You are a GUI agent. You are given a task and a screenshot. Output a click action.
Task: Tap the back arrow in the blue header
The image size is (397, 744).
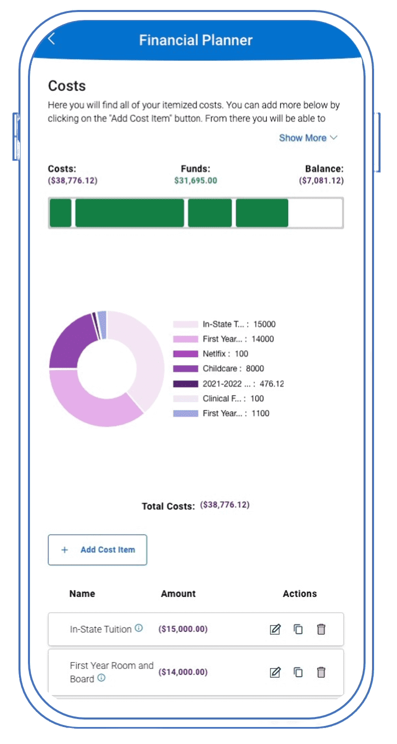51,39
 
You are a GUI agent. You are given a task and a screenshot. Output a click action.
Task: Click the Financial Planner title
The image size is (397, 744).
196,40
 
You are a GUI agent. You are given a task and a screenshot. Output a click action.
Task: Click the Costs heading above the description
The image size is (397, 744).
67,86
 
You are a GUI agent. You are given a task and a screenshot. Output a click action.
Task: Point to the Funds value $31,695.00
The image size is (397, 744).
196,180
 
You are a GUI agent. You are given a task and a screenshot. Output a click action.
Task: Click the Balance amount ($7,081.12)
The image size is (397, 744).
322,180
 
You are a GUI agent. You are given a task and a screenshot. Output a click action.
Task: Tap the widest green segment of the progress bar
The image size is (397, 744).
130,213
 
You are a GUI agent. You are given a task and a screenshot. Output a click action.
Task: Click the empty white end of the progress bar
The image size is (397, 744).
316,213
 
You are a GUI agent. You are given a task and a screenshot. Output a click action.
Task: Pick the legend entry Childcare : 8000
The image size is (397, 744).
233,368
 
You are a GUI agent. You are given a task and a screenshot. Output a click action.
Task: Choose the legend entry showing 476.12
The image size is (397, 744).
243,383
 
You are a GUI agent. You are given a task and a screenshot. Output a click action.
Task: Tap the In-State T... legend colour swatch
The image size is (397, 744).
185,324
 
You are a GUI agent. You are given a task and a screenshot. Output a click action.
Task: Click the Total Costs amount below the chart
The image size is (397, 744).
225,505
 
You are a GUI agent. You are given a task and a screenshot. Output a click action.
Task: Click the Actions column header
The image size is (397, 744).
300,594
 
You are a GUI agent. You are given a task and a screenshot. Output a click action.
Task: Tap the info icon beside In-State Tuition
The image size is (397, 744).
139,628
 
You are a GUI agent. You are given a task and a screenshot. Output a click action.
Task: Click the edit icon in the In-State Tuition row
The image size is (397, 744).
275,629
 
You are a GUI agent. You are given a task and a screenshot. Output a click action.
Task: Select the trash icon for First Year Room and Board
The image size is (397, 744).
321,672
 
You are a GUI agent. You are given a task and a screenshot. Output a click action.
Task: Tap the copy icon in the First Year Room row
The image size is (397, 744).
298,672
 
